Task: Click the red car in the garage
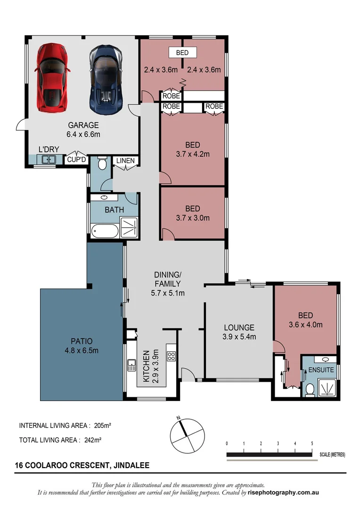point(51,78)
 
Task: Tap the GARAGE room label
point(83,125)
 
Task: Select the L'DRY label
point(49,150)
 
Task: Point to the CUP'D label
point(76,160)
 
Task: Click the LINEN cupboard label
point(125,161)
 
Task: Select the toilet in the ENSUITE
point(310,389)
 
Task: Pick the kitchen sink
point(131,365)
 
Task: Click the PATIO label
point(82,341)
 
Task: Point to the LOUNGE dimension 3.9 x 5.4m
point(239,337)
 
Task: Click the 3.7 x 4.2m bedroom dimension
point(192,154)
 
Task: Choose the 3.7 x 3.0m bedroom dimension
point(192,218)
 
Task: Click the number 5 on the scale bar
point(312,443)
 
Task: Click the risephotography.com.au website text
point(284,493)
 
